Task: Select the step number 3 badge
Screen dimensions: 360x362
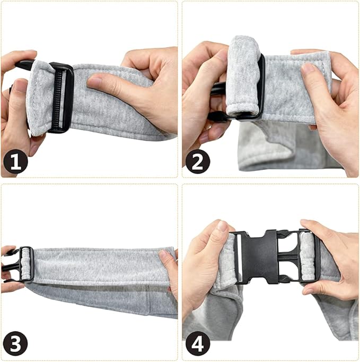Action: (16, 343)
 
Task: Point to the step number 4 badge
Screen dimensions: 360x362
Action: (198, 343)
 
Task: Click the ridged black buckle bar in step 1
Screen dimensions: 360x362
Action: (59, 98)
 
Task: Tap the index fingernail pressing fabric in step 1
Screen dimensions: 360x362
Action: (93, 82)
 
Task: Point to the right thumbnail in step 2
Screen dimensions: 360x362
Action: (308, 67)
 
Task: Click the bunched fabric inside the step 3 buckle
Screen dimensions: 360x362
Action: (26, 264)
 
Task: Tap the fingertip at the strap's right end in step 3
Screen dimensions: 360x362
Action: (164, 255)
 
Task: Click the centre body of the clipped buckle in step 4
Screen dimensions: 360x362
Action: (259, 257)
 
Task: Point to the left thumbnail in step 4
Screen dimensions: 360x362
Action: (223, 226)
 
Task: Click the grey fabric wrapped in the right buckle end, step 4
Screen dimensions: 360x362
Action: (307, 256)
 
